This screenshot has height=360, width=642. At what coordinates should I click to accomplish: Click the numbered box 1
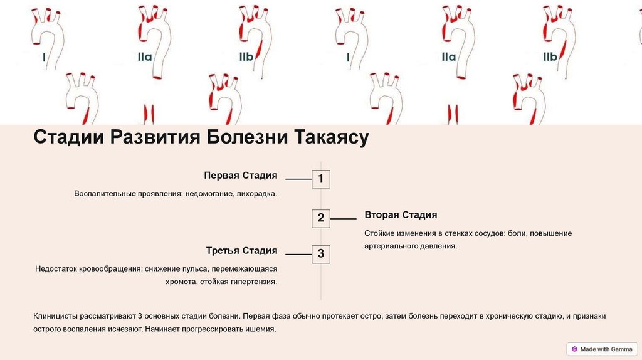coord(320,179)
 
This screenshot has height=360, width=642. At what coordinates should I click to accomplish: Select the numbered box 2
coord(320,218)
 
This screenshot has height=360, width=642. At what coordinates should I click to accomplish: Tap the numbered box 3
coord(320,254)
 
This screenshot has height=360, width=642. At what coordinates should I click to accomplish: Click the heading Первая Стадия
coord(240,176)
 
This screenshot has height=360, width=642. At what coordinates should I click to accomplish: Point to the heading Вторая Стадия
coord(401,215)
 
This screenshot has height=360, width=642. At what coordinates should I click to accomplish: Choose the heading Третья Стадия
coord(241,251)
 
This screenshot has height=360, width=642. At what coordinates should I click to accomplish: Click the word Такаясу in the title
coord(330,137)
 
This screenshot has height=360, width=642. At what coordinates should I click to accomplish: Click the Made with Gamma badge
coord(602,349)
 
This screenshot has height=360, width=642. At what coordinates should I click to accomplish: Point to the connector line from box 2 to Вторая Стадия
coord(343,219)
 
